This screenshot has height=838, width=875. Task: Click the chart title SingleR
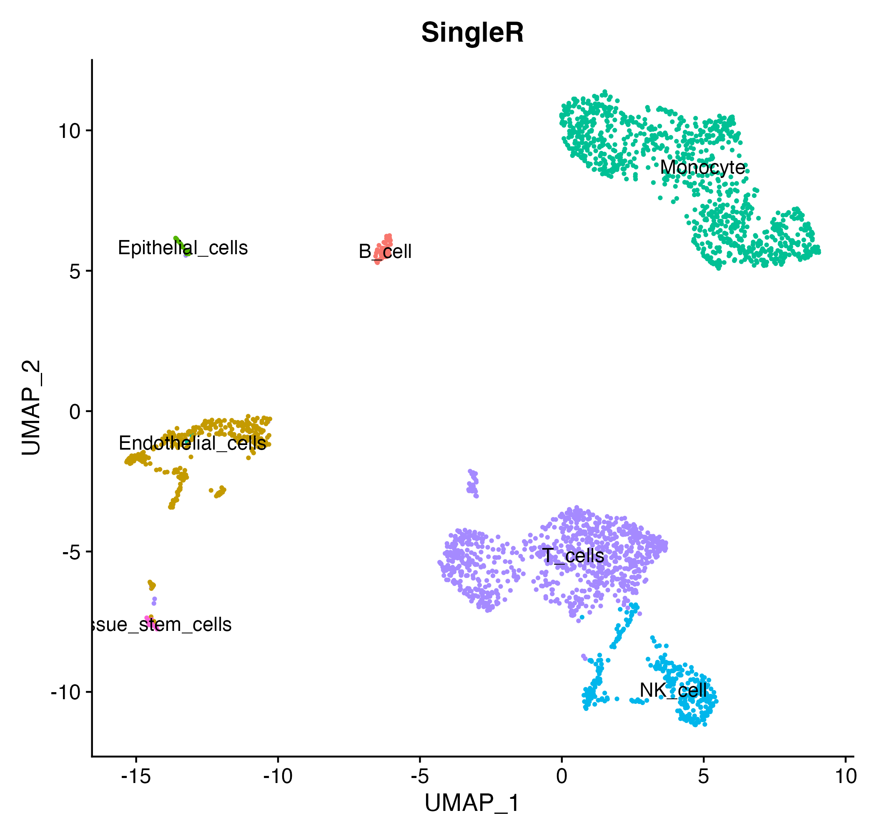472,33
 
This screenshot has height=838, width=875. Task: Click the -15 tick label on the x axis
136,776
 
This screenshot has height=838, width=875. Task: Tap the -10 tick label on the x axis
278,776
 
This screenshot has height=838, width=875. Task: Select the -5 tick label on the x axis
420,776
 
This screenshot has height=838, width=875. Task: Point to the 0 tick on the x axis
562,776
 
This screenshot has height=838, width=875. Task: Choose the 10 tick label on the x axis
845,776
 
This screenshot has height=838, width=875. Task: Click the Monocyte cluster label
703,168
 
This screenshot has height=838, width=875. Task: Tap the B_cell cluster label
385,252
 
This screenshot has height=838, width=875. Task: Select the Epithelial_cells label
183,248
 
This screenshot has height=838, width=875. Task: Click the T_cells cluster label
573,555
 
